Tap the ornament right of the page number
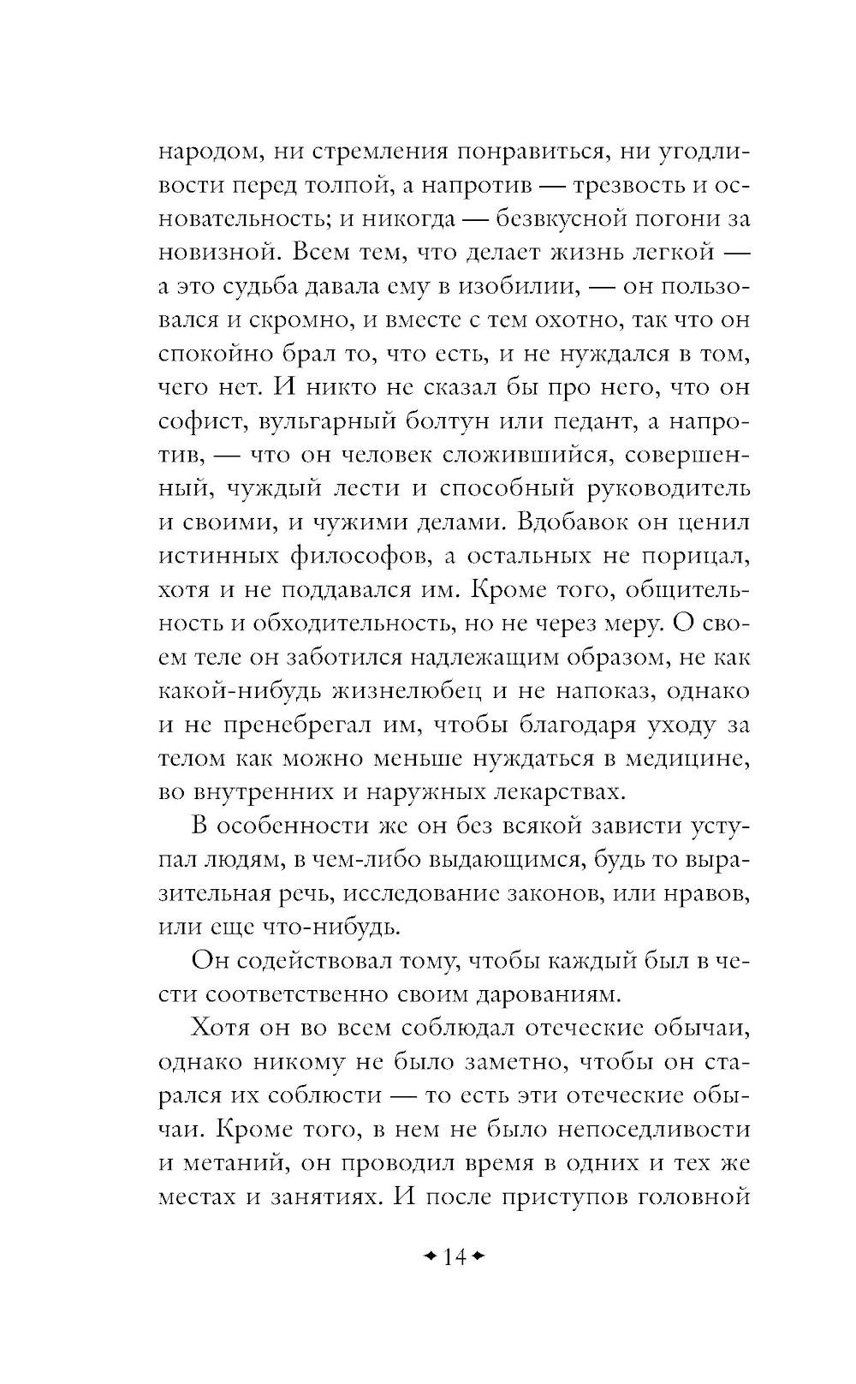(x=478, y=1258)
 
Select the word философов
(x=346, y=556)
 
